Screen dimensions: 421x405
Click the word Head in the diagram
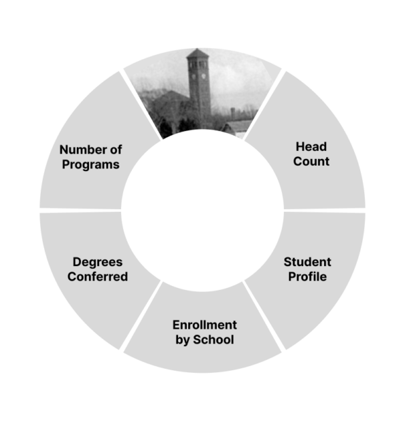[x=311, y=146]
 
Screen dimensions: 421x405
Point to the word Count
[x=311, y=162]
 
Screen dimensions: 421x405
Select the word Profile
[x=307, y=277]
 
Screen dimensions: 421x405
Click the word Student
[x=307, y=261]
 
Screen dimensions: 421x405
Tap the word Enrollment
[x=205, y=325]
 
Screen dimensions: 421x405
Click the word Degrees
[x=98, y=261]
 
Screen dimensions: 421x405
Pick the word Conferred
[x=98, y=277]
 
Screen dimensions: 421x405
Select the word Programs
[x=90, y=164]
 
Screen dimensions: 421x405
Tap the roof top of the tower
[x=199, y=53]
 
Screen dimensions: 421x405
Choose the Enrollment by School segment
[x=204, y=351]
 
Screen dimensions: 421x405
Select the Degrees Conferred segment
[x=80, y=294]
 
